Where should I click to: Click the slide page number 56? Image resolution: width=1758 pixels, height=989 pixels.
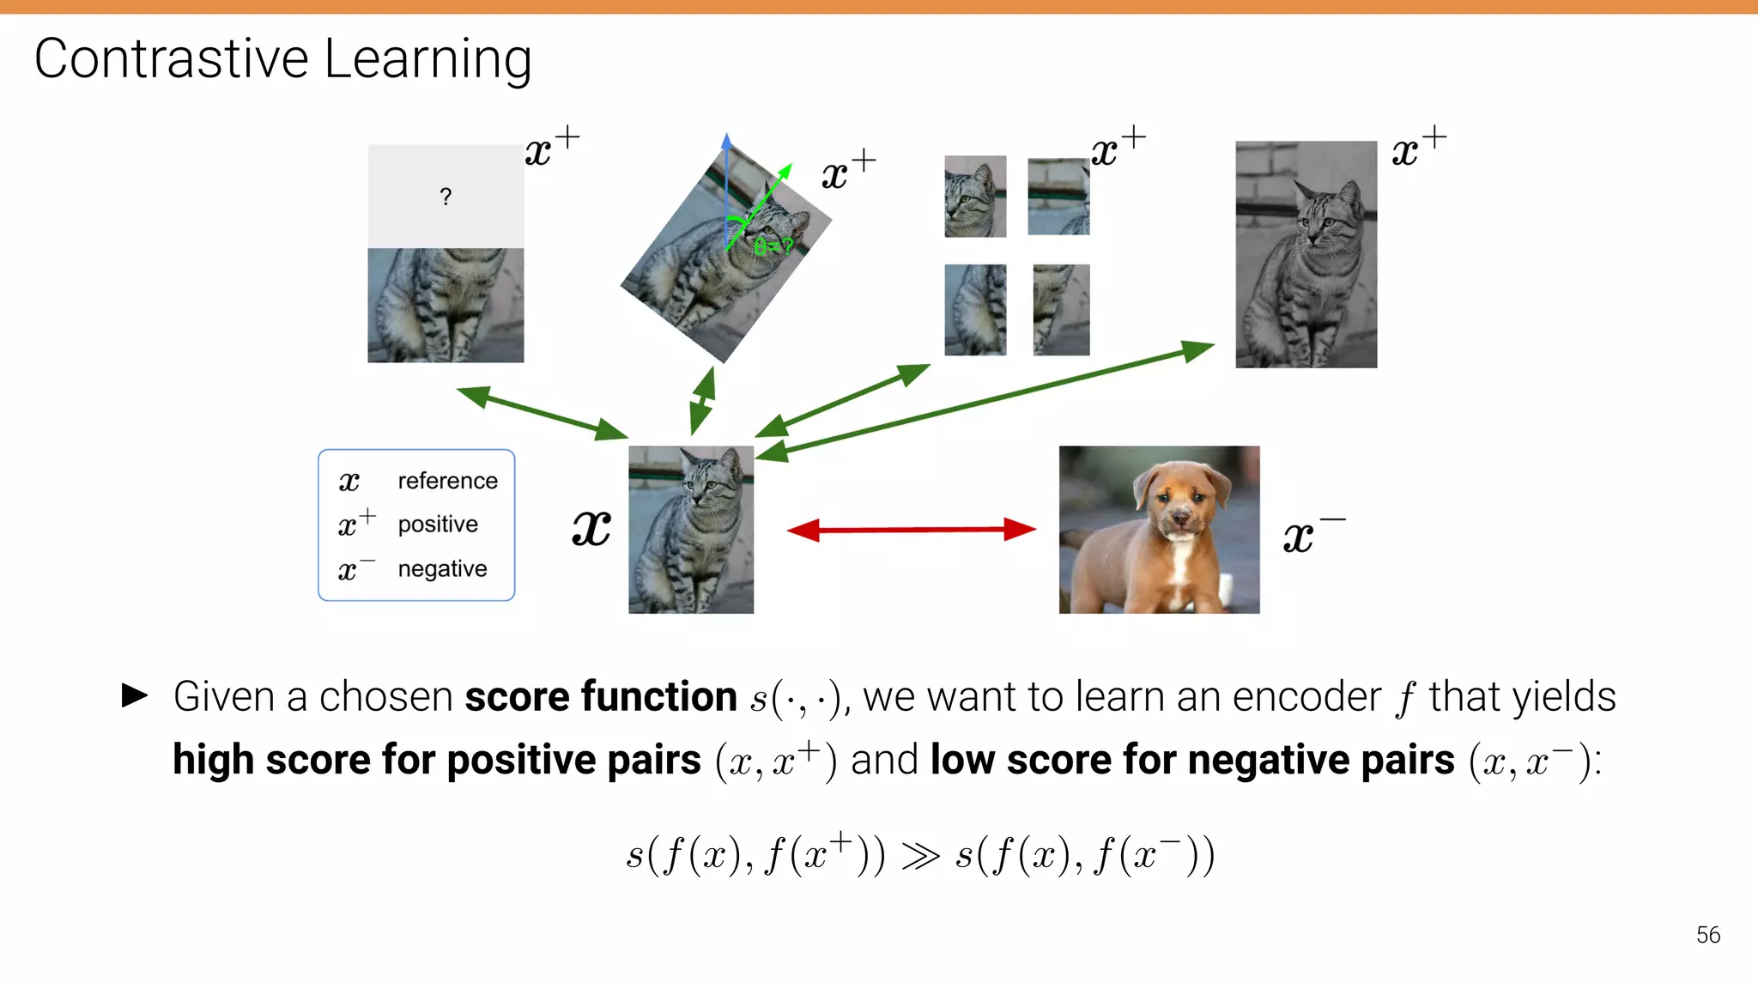click(x=1707, y=935)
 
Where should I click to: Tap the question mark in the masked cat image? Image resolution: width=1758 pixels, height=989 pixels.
click(x=446, y=197)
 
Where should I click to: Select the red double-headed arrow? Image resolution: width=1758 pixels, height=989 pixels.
click(x=911, y=530)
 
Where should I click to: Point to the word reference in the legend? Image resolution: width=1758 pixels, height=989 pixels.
click(x=447, y=481)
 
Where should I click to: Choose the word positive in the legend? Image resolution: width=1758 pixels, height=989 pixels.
click(x=438, y=524)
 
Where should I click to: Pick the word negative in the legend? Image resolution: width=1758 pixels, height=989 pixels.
click(x=442, y=568)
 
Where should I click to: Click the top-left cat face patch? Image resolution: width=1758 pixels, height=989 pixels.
click(x=975, y=197)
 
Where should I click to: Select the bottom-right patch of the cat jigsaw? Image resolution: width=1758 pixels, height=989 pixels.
click(x=1061, y=310)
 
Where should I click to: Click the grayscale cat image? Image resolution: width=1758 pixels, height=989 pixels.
click(x=1306, y=255)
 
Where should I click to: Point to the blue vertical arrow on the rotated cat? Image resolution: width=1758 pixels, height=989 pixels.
click(x=726, y=180)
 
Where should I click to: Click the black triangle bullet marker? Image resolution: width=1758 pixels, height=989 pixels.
click(x=135, y=695)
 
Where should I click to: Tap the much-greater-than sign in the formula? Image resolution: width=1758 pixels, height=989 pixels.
click(x=920, y=856)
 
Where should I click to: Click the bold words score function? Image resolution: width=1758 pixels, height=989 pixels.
click(x=601, y=696)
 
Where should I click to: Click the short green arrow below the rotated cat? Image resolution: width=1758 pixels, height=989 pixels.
click(x=702, y=401)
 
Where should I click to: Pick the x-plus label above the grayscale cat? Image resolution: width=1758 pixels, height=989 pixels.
click(x=1419, y=149)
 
